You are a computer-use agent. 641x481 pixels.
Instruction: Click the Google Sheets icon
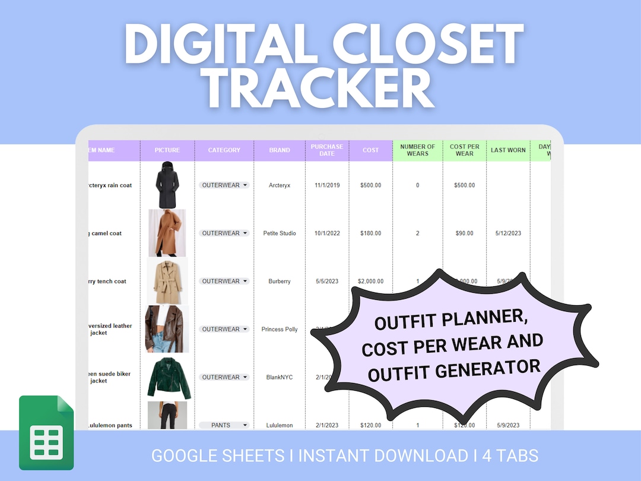point(46,432)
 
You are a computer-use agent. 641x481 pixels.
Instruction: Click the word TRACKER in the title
point(320,89)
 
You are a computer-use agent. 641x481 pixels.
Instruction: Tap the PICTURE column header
point(167,150)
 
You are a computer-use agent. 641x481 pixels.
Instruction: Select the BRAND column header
point(280,150)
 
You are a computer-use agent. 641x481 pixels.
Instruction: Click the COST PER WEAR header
point(464,150)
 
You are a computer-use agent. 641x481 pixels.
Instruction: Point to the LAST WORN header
point(508,150)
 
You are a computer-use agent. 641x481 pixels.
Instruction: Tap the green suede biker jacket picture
point(169,378)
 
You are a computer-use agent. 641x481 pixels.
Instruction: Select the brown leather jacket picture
point(167,329)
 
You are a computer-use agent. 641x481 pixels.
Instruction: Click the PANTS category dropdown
point(224,425)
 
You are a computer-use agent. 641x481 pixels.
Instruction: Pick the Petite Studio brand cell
point(280,233)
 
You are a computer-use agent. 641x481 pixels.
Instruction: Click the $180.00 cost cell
point(370,233)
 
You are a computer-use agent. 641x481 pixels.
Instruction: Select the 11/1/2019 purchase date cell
point(327,185)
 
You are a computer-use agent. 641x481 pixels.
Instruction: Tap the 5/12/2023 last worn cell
point(508,233)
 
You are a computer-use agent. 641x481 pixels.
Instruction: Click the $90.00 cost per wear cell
point(464,233)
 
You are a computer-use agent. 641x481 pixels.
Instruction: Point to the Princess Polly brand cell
point(280,329)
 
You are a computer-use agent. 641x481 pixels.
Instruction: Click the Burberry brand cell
point(280,281)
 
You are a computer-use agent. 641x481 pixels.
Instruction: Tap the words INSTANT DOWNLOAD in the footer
point(383,456)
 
